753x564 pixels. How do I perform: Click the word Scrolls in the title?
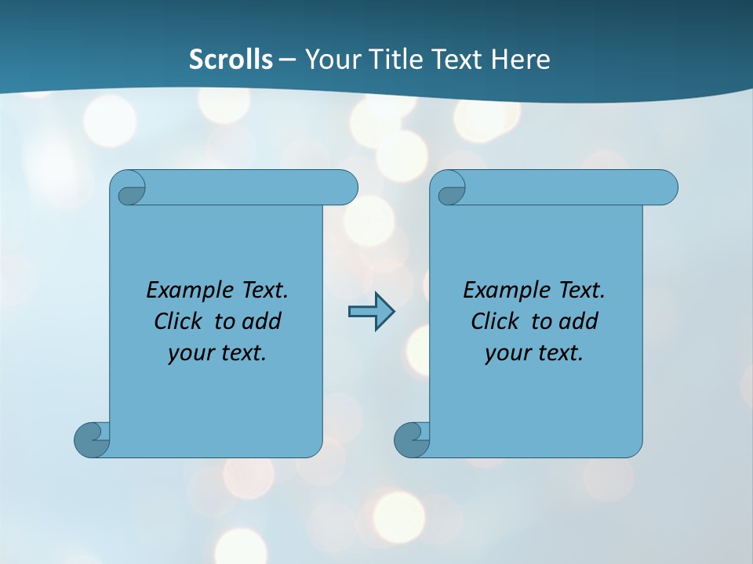pos(231,60)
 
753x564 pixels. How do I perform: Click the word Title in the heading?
pos(399,60)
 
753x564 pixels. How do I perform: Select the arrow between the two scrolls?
pos(371,312)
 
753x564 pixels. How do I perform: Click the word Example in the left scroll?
pos(180,290)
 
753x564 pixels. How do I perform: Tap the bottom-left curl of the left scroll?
pos(91,440)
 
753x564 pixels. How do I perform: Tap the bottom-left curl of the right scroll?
pos(411,440)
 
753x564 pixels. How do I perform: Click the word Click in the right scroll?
pos(494,321)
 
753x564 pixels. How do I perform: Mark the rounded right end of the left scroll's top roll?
pos(345,188)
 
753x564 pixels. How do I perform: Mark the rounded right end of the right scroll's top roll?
pos(665,188)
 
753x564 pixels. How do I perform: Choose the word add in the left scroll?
pos(261,321)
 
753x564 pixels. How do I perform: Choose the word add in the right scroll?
pos(579,321)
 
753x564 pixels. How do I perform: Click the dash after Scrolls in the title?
pos(287,60)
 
